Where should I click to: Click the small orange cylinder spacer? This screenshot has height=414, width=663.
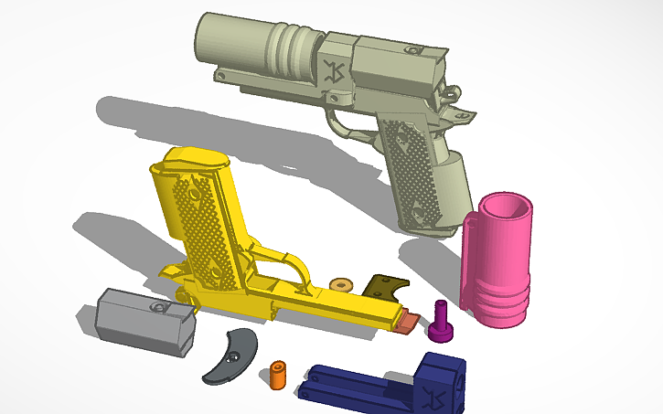click(x=278, y=374)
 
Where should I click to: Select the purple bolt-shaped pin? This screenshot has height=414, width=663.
click(x=442, y=320)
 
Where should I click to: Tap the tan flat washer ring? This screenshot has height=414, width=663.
click(x=342, y=285)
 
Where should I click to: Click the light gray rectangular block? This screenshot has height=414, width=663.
click(x=144, y=320)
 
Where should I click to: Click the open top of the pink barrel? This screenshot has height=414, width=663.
click(x=506, y=207)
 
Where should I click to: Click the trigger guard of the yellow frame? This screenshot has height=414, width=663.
click(x=291, y=267)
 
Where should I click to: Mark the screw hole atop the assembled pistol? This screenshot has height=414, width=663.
click(x=414, y=49)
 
